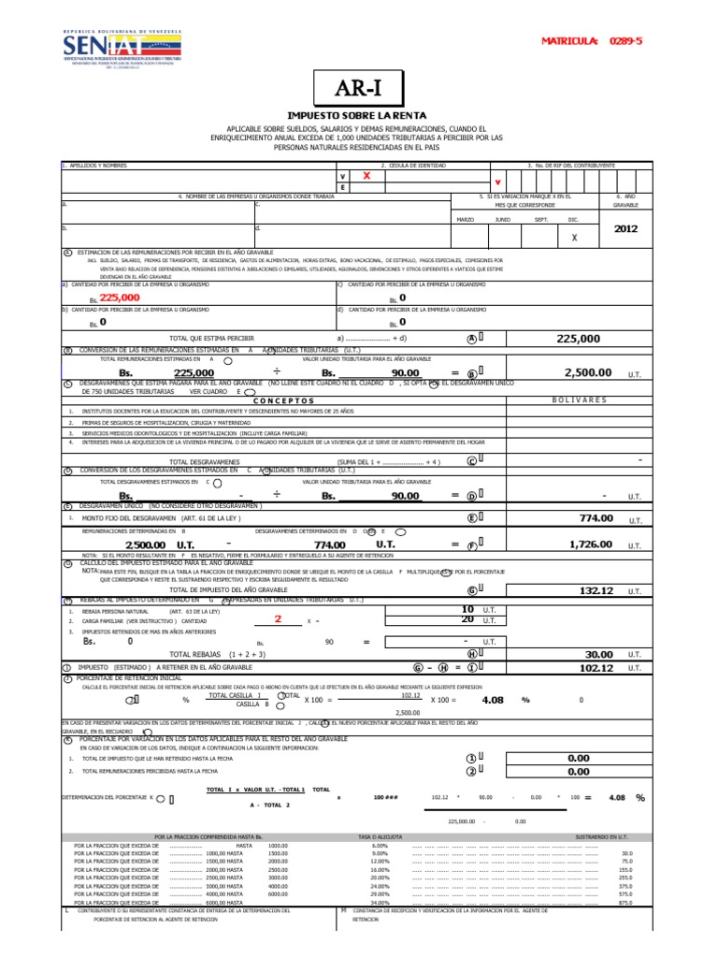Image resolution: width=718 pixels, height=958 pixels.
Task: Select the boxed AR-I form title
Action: (359, 91)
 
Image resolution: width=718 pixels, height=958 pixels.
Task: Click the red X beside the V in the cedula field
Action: (366, 175)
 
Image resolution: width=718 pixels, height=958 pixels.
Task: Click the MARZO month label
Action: (465, 219)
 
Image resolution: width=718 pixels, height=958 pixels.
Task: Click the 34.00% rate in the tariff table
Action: (379, 902)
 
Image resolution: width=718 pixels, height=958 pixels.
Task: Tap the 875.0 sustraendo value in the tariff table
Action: (625, 902)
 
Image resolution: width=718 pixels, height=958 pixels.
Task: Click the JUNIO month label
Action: (502, 219)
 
